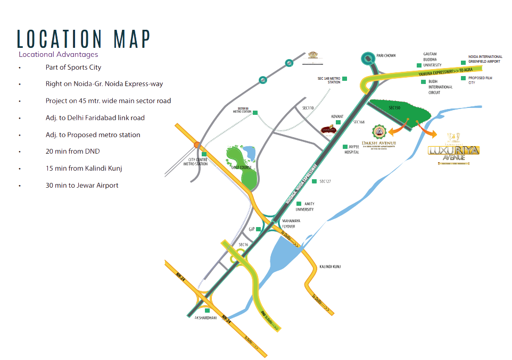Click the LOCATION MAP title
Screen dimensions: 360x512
pos(84,39)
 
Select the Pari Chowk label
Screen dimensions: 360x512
pos(386,55)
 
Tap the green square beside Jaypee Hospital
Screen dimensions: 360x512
pos(345,147)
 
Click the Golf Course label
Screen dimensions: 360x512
pos(242,168)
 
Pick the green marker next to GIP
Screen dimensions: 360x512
pos(258,229)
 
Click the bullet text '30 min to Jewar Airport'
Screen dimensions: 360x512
pos(82,186)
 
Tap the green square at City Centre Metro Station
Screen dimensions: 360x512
pos(204,154)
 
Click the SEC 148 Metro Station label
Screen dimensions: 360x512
pos(329,80)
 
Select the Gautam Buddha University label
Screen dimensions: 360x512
pos(433,60)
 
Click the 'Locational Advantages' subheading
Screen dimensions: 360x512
pos(59,54)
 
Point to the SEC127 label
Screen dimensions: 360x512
pos(325,182)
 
